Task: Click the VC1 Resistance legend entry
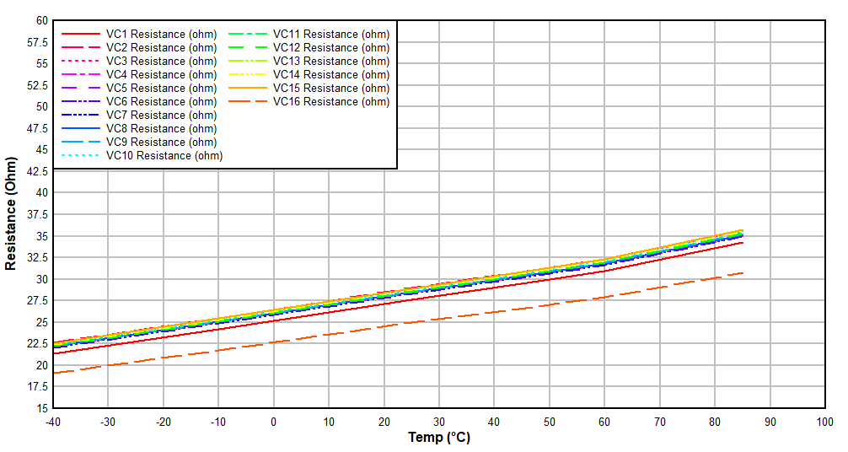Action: [x=161, y=34]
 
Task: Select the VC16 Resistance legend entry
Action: [x=331, y=101]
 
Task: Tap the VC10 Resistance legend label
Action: [x=164, y=155]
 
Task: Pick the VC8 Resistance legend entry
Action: [x=161, y=128]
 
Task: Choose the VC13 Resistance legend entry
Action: [x=331, y=61]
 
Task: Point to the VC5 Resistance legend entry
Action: [x=161, y=88]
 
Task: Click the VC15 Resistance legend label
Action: [x=331, y=88]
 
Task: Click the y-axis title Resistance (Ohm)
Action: [x=11, y=213]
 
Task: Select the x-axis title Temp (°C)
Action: [x=439, y=437]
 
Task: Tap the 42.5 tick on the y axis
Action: [x=37, y=171]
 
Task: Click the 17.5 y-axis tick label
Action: [x=37, y=387]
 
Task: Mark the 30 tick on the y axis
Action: [x=41, y=279]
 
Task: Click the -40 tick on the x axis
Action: [x=53, y=421]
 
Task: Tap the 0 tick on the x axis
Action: [x=273, y=421]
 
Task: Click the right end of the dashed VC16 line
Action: [x=743, y=272]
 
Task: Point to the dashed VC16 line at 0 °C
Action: [x=273, y=342]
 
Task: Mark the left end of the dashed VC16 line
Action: [x=53, y=373]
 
